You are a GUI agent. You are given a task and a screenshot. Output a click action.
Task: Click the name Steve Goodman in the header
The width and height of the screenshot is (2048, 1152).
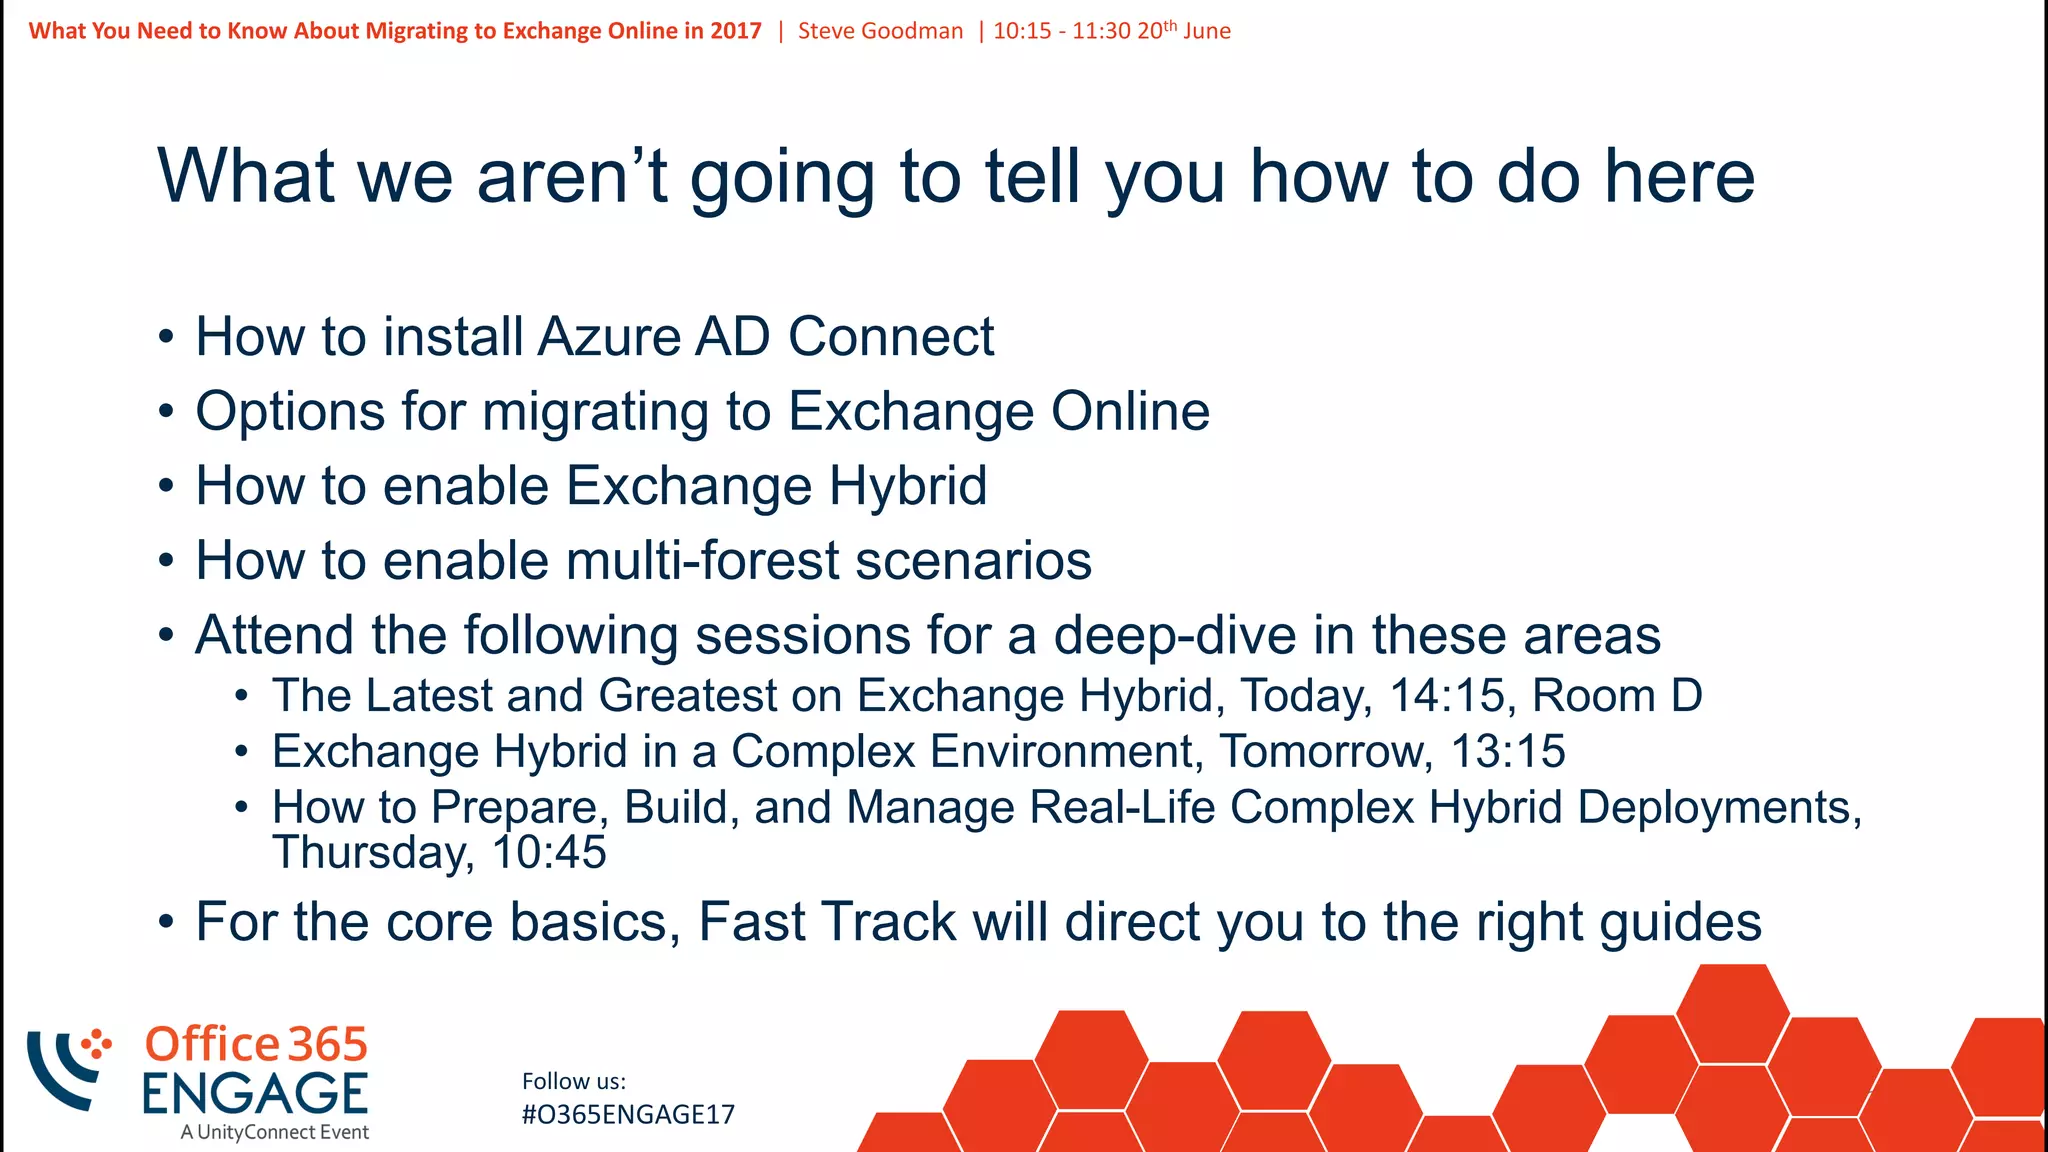[x=880, y=31]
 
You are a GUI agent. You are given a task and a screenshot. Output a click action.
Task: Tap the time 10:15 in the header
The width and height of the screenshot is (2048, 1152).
[x=1022, y=31]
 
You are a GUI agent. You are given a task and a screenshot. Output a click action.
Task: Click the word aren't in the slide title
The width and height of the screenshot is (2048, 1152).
[x=571, y=176]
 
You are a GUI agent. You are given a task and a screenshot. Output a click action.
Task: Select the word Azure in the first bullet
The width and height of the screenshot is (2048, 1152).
[x=608, y=337]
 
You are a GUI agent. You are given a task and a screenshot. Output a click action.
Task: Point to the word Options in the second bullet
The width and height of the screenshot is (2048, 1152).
[x=289, y=412]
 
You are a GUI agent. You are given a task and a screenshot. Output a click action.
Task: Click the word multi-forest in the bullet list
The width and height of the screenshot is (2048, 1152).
[x=702, y=560]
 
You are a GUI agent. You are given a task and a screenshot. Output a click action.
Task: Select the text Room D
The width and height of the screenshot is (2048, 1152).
[x=1617, y=696]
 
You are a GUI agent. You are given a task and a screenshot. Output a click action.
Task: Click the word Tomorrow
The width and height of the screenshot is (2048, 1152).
[x=1326, y=752]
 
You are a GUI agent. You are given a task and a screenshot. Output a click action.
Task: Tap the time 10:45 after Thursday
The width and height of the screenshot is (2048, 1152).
[x=549, y=853]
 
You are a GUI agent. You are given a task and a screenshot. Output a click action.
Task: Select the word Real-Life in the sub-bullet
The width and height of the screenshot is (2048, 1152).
[x=1122, y=808]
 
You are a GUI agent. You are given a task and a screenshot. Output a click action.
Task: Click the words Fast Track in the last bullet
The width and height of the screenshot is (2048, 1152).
[x=827, y=922]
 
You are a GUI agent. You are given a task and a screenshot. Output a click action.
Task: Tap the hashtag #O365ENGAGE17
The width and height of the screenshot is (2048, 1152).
[x=628, y=1115]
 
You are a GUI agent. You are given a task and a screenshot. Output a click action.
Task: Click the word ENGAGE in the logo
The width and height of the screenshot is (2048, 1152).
[x=255, y=1093]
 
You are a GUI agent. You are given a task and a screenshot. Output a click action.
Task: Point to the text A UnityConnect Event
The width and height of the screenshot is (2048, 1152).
[x=275, y=1133]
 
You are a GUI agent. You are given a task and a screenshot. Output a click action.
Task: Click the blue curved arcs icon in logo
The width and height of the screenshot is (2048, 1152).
[x=62, y=1070]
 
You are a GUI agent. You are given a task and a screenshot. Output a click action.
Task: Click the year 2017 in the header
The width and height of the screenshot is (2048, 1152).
[x=736, y=31]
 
